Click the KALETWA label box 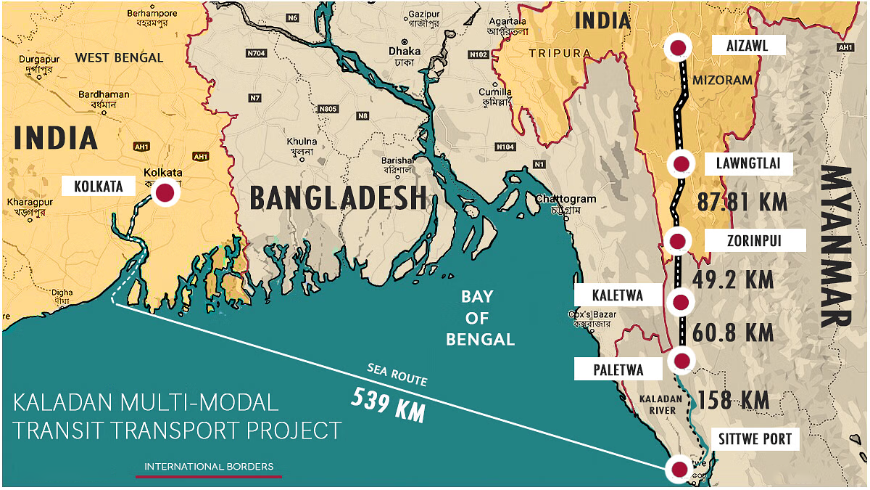tap(608, 295)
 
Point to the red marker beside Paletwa tap(681, 360)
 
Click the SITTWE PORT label tap(755, 438)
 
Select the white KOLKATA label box tap(98, 187)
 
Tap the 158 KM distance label tap(733, 400)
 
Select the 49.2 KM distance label tap(733, 279)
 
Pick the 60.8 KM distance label tap(733, 333)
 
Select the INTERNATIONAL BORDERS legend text tap(209, 466)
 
